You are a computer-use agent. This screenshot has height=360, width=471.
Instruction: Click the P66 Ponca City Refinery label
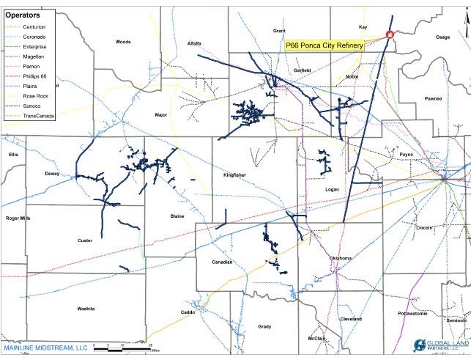pyautogui.click(x=334, y=45)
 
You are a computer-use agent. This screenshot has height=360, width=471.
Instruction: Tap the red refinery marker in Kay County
pyautogui.click(x=389, y=34)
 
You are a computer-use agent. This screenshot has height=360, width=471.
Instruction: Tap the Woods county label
pyautogui.click(x=123, y=42)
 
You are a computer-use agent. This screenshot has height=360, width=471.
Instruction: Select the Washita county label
pyautogui.click(x=86, y=309)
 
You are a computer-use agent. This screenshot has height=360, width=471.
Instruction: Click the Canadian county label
pyautogui.click(x=222, y=262)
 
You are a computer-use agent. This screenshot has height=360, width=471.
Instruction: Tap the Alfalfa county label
pyautogui.click(x=195, y=43)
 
